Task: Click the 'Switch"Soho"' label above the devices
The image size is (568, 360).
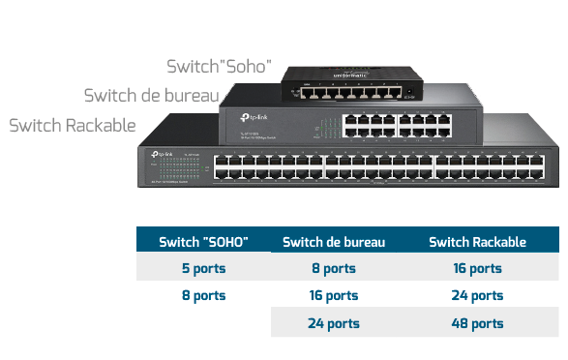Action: pos(219,67)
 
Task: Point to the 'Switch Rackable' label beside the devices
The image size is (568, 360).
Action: pos(72,126)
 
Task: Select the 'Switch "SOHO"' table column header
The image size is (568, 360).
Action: pos(203,241)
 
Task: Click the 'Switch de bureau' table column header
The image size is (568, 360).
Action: pos(333,241)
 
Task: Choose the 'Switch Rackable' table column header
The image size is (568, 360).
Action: pos(477,241)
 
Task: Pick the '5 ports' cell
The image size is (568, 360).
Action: pos(203,268)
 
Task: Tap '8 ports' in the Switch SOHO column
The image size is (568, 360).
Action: pos(203,295)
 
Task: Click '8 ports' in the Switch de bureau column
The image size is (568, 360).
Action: pos(333,268)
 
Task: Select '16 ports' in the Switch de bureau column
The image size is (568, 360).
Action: pos(333,295)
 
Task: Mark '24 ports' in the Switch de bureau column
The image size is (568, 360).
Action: pos(333,323)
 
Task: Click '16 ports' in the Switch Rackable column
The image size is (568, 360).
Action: pos(477,268)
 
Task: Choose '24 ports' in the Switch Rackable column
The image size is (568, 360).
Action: pos(477,295)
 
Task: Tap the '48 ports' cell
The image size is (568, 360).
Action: pos(477,323)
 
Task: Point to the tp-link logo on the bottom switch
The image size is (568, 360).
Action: pos(162,154)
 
